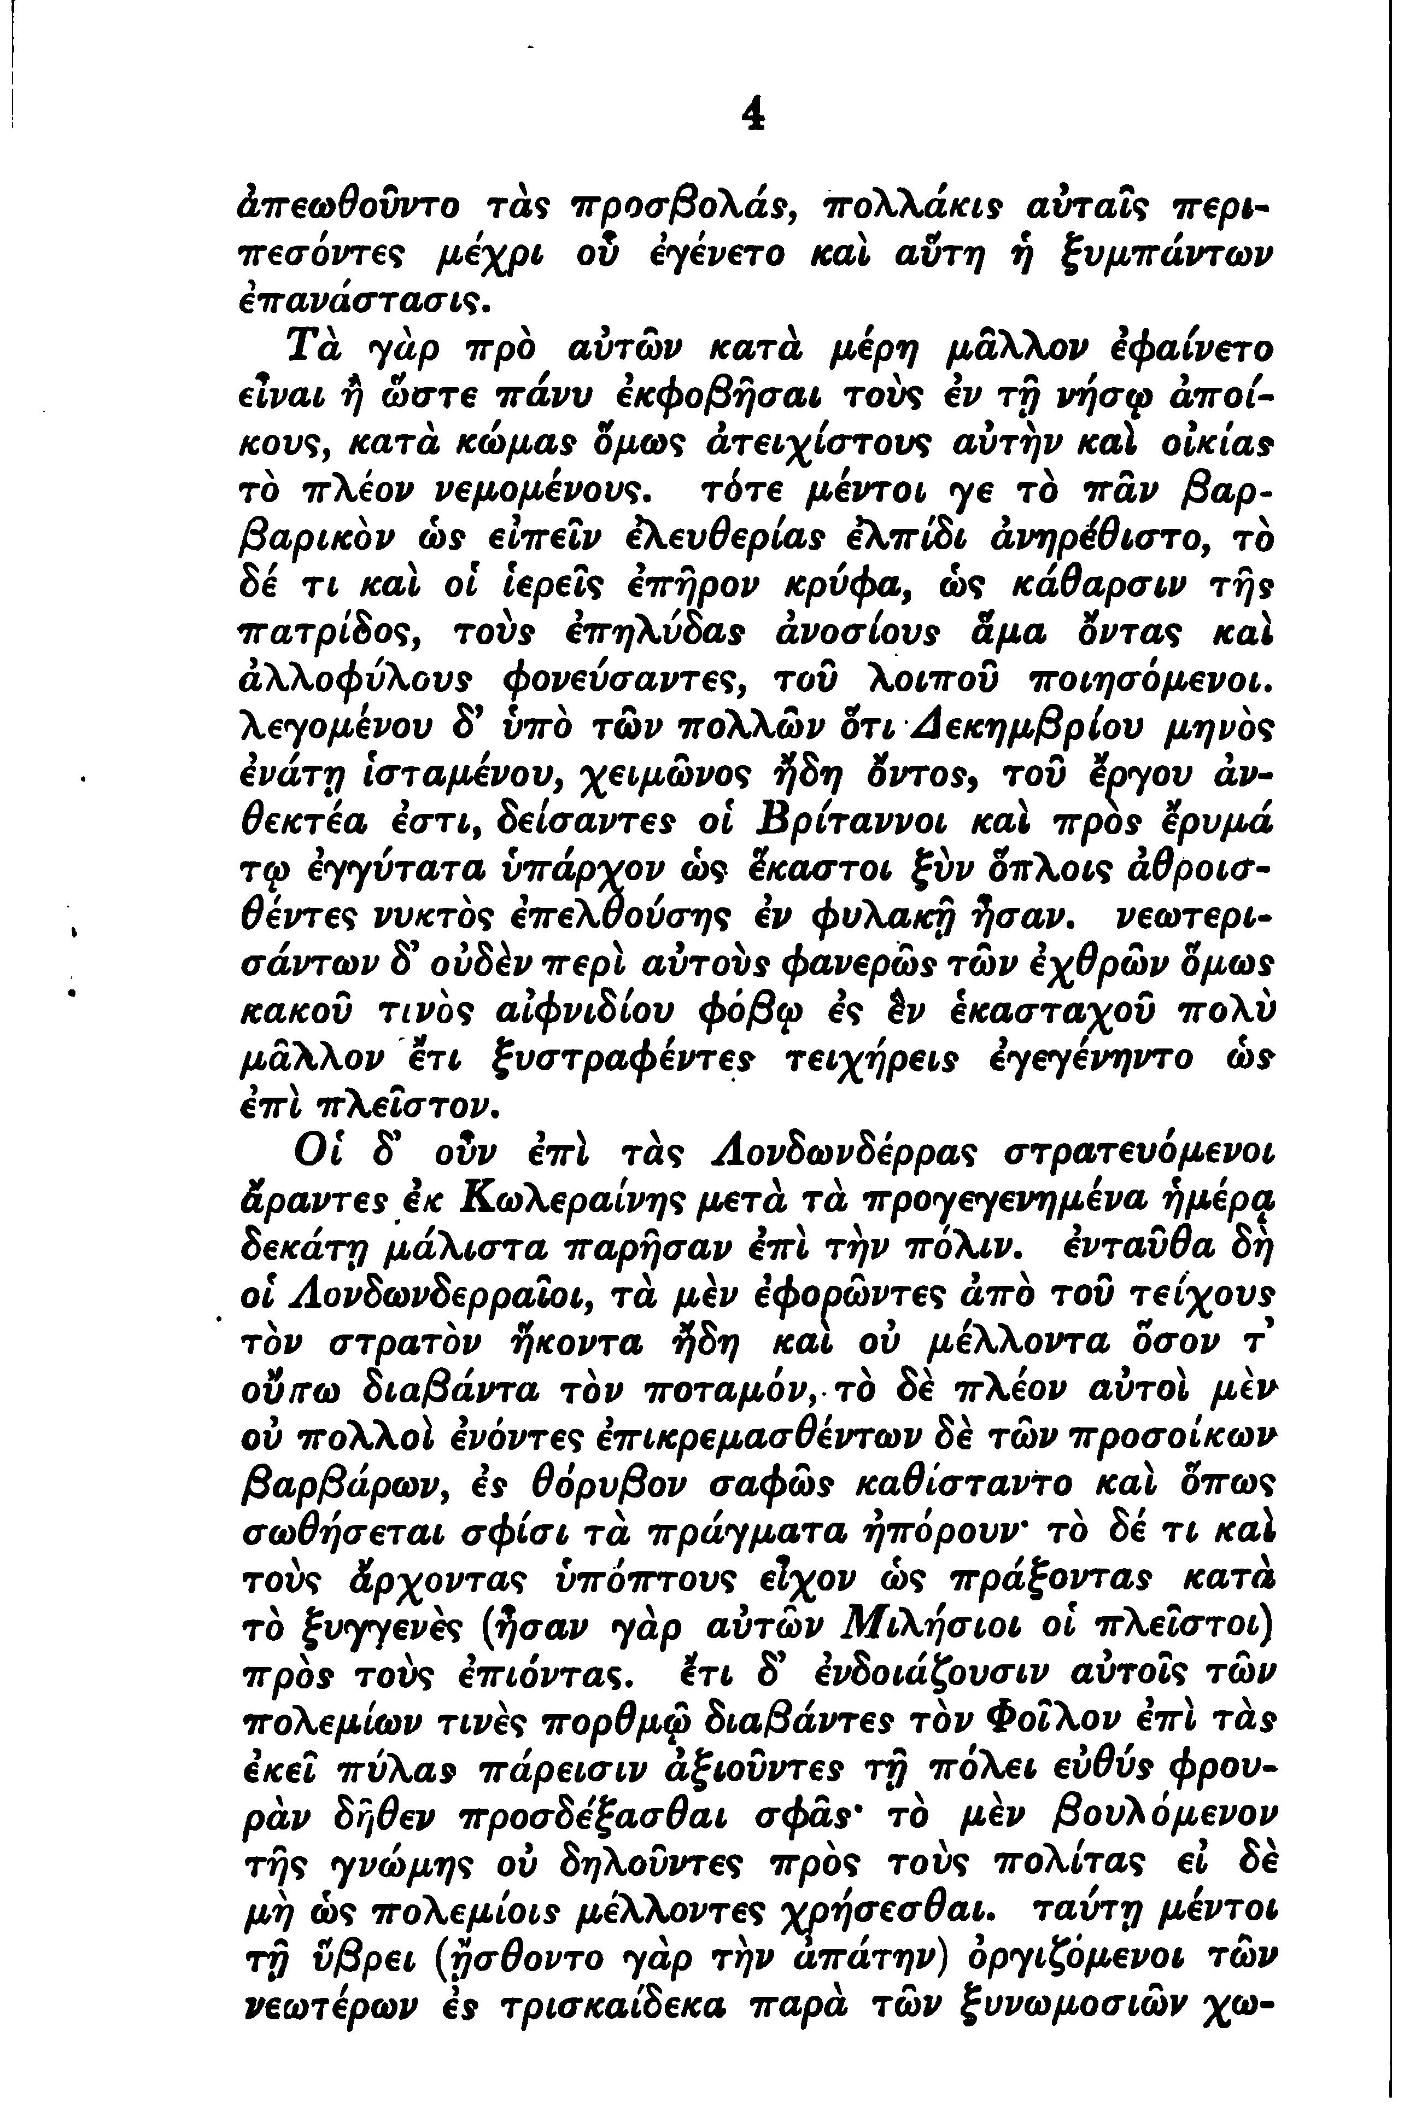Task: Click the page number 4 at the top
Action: point(755,114)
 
